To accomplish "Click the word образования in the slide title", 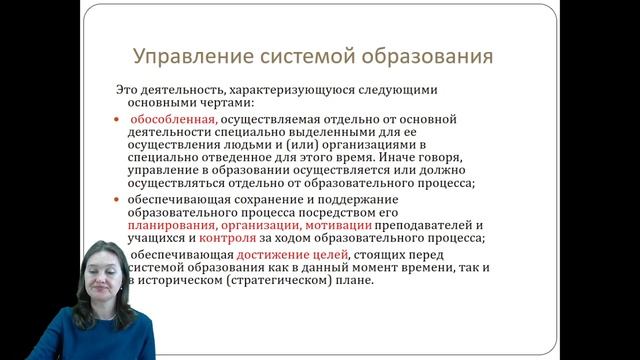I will click(432, 55).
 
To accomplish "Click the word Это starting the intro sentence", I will click(125, 89).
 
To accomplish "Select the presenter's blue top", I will click(100, 335).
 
